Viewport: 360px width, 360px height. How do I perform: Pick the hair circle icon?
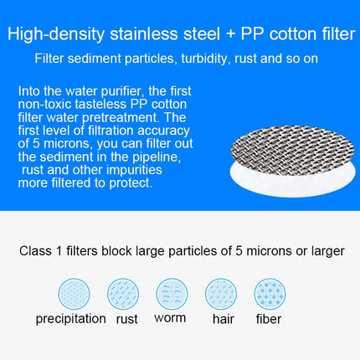[x=220, y=295]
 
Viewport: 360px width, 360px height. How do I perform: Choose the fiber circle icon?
[x=269, y=295]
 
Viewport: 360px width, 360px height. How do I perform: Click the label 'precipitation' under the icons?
[x=70, y=319]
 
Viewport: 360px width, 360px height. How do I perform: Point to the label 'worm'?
[x=171, y=318]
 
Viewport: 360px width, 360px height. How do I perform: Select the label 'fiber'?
[x=269, y=318]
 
